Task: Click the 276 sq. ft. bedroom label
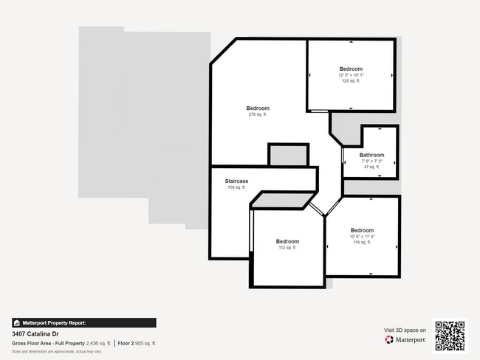(x=258, y=108)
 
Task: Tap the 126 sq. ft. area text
(x=351, y=81)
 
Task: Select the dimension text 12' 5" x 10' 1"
(x=351, y=75)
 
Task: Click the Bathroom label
(x=371, y=155)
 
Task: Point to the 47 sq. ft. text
(x=371, y=167)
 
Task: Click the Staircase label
(x=236, y=181)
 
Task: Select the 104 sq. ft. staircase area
(x=236, y=188)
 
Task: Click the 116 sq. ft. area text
(x=362, y=242)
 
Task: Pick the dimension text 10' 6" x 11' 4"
(x=362, y=236)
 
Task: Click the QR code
(x=450, y=336)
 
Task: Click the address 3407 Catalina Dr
(x=36, y=333)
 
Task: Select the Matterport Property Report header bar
(x=83, y=322)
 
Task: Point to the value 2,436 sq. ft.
(x=97, y=344)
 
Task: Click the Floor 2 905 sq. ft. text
(x=137, y=344)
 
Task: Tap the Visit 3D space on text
(x=405, y=330)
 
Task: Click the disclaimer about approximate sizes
(x=56, y=352)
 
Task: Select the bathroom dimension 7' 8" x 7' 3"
(x=371, y=161)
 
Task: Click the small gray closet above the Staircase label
(x=288, y=155)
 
